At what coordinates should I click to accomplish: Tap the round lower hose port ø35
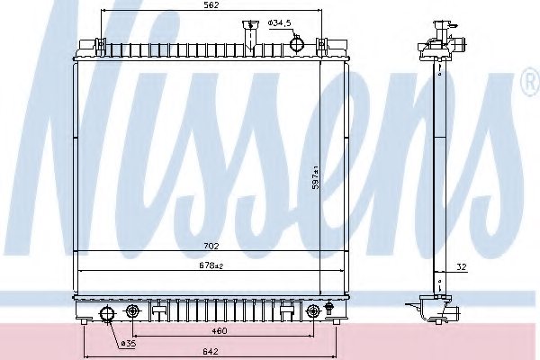pyautogui.click(x=107, y=313)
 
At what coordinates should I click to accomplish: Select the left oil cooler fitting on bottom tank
pyautogui.click(x=133, y=311)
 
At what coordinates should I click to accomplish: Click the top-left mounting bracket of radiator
pyautogui.click(x=88, y=42)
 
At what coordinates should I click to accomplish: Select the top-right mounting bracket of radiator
pyautogui.click(x=341, y=42)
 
